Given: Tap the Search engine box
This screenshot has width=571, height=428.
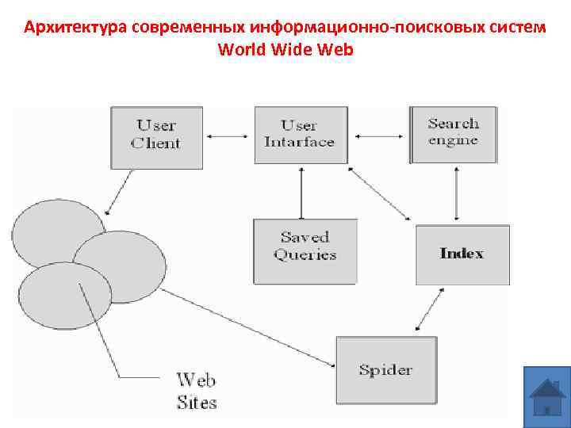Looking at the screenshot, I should tap(454, 133).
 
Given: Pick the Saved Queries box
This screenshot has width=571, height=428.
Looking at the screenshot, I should tap(305, 247).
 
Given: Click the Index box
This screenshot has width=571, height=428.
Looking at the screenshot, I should tap(462, 254).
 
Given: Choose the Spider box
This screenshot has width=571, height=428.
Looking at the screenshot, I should tap(386, 370).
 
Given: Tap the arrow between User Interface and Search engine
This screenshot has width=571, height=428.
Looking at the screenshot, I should tap(379, 136).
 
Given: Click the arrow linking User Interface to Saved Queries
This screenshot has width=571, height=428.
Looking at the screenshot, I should tap(301, 192).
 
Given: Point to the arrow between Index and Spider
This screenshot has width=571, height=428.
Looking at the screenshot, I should tap(429, 310).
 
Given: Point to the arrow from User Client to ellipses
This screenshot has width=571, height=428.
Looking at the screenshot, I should tap(118, 191).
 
